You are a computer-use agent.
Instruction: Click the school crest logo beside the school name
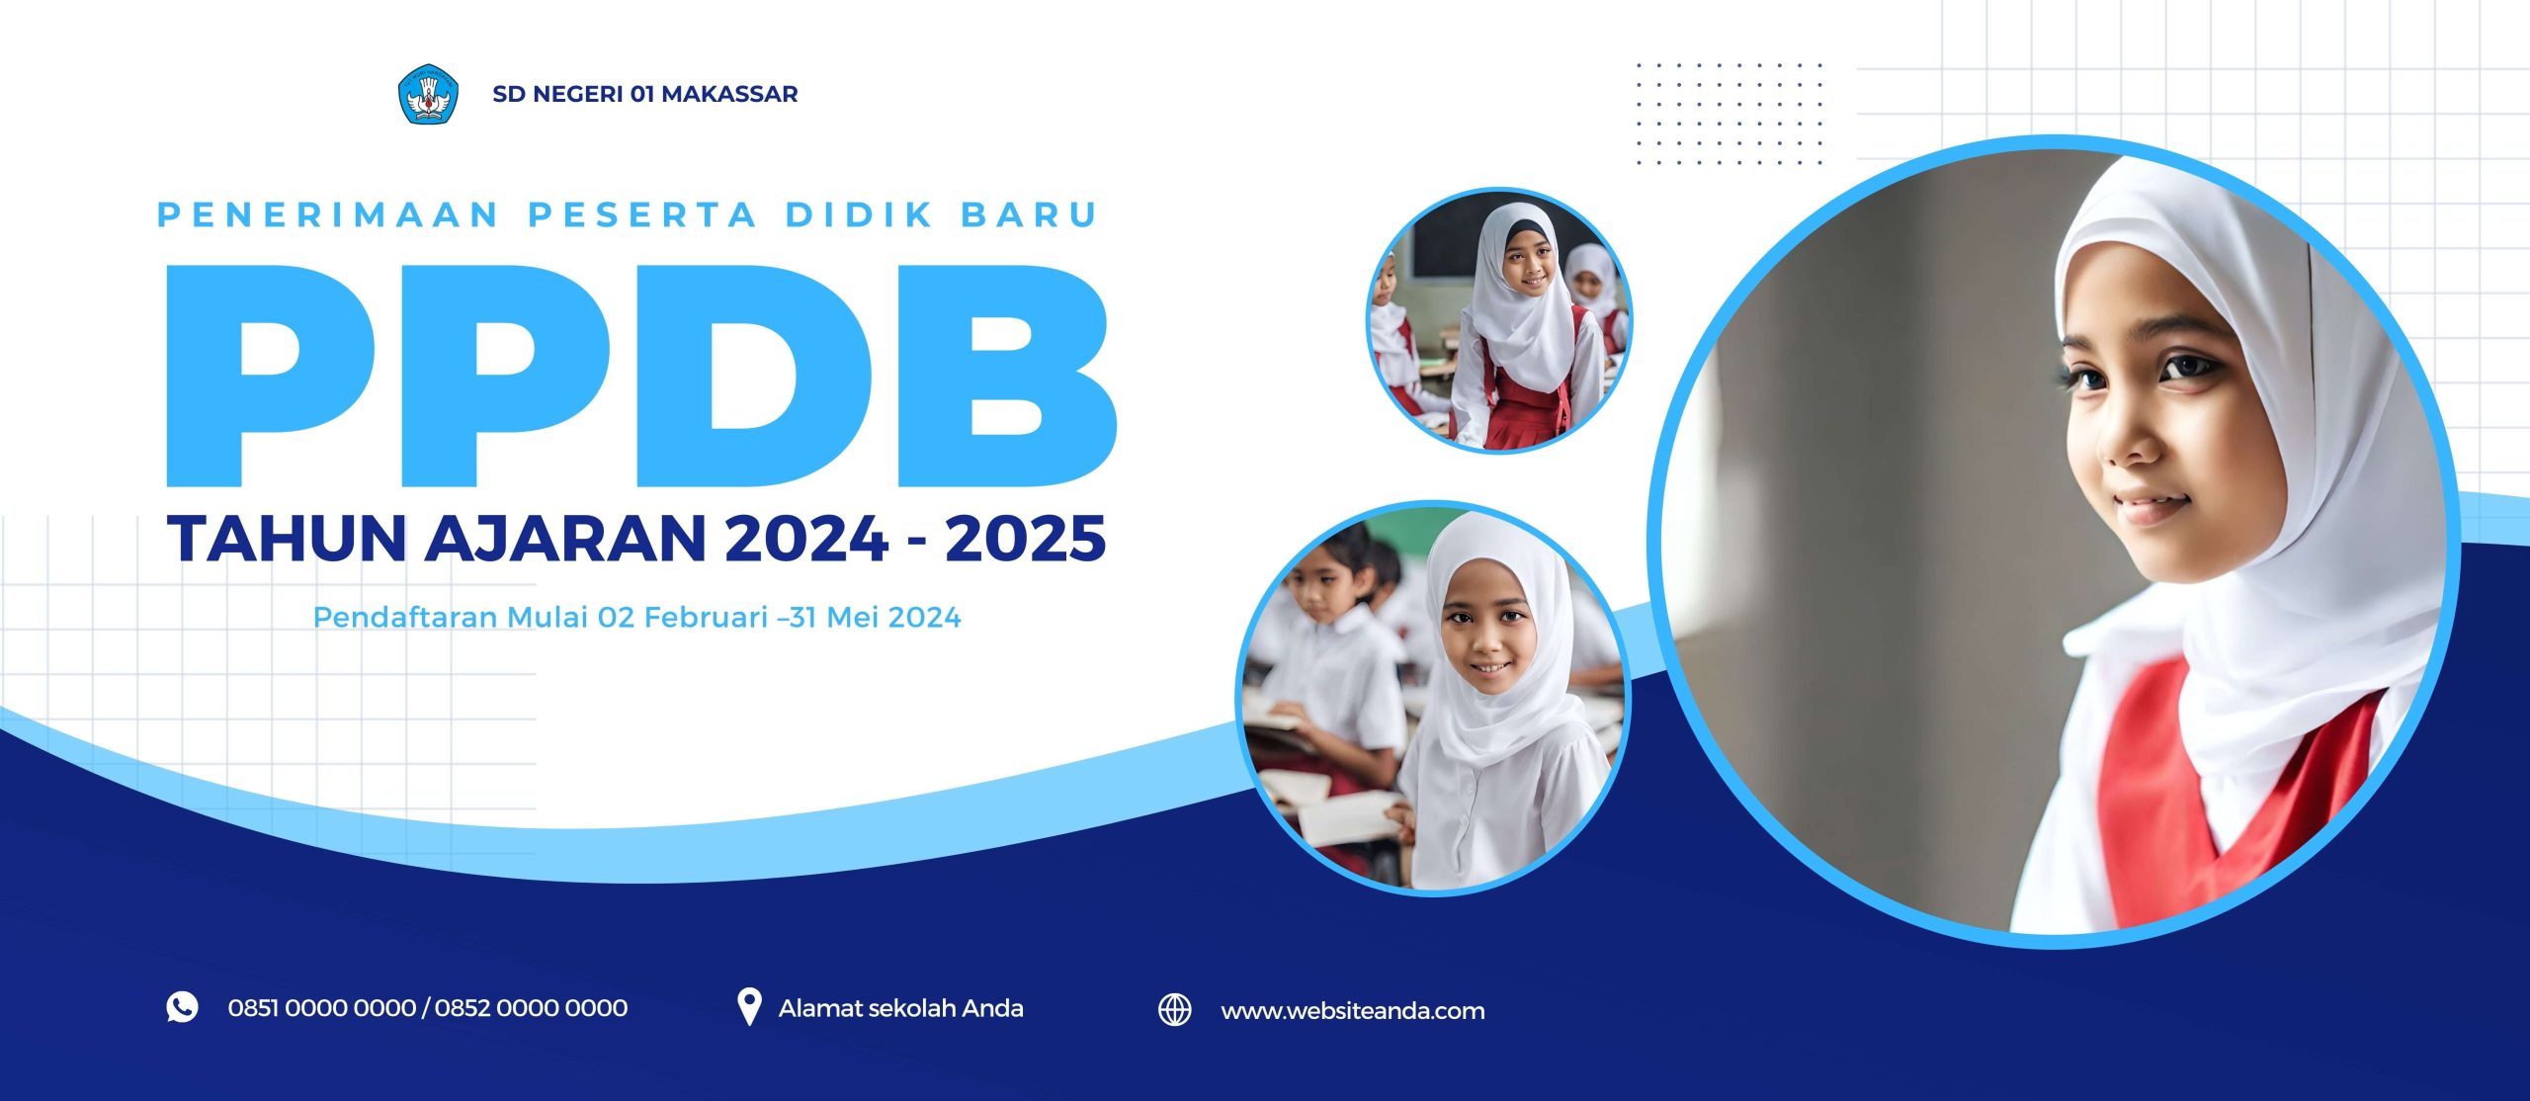(x=428, y=94)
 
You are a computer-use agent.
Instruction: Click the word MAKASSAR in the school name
(x=729, y=94)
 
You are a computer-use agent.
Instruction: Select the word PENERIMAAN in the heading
(x=329, y=214)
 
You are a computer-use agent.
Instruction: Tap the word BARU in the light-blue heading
(x=1030, y=214)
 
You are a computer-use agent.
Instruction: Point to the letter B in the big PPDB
(x=1007, y=376)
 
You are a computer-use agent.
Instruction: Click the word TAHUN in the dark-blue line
(x=288, y=538)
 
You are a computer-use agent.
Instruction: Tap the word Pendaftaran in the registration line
(x=404, y=618)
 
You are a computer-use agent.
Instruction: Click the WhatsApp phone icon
(x=182, y=1007)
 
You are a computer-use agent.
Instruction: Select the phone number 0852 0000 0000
(x=531, y=1008)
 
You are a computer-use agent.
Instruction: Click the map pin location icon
(x=749, y=1007)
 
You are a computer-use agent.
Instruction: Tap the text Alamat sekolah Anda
(x=900, y=1008)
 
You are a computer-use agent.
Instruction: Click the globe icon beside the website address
(x=1174, y=1010)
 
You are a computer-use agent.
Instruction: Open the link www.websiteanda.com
(x=1352, y=1011)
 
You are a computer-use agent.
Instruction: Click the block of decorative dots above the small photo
(x=1729, y=114)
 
